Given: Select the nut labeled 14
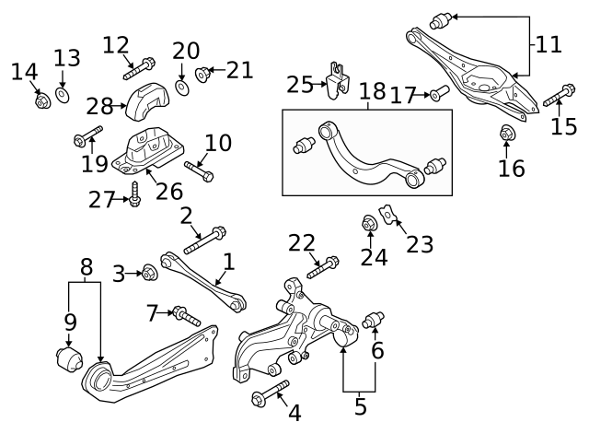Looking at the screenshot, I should click(41, 100).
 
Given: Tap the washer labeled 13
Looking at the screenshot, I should click(62, 94).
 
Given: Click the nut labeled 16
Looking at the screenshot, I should click(505, 135).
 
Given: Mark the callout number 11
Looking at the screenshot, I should click(549, 43).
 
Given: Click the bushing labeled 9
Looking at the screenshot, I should click(68, 357).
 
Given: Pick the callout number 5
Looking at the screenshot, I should click(360, 405).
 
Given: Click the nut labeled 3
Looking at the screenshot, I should click(149, 273).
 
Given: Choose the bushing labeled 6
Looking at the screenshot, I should click(374, 321).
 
